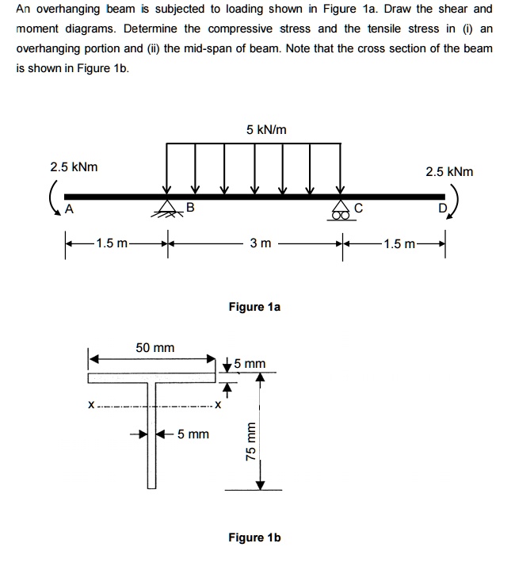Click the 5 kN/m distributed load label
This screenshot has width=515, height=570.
click(265, 129)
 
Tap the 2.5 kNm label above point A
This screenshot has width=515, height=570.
click(74, 168)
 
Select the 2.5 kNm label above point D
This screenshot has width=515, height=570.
click(448, 171)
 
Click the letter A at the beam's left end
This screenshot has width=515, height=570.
click(70, 210)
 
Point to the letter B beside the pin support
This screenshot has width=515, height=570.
click(189, 208)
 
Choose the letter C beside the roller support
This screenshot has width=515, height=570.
click(358, 210)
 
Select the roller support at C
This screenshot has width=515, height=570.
click(341, 208)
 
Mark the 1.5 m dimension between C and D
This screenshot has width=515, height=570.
click(402, 243)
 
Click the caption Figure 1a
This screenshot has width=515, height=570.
click(254, 306)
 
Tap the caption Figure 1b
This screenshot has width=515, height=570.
click(254, 538)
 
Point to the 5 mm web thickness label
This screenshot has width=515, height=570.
click(193, 434)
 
